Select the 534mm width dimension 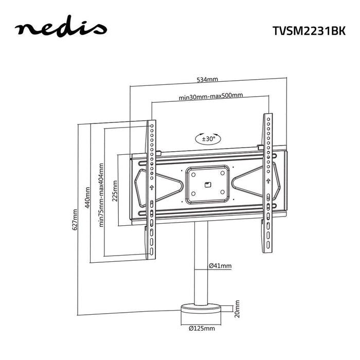(208, 80)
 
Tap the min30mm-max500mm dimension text (210, 96)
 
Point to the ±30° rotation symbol (208, 138)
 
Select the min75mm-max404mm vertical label (101, 194)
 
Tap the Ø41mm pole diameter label (220, 266)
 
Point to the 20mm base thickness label (237, 309)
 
